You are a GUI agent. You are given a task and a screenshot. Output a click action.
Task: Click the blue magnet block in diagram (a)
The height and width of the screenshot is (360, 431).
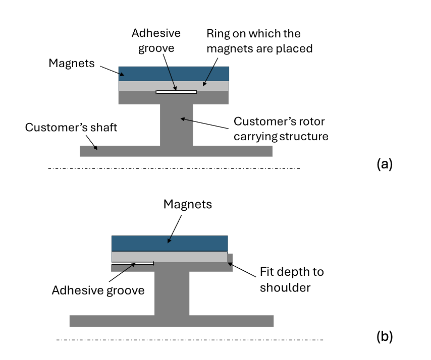[174, 74]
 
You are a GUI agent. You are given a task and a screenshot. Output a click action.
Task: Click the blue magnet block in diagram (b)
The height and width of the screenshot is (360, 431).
[170, 243]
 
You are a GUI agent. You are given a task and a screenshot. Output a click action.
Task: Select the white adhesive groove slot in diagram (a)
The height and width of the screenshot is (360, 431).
[176, 92]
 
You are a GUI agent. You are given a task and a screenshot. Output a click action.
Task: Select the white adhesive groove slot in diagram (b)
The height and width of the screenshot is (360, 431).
[132, 263]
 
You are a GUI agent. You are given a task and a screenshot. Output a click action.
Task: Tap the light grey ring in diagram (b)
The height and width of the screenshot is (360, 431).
[192, 257]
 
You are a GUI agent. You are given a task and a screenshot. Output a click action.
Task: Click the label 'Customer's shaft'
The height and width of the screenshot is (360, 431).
[71, 128]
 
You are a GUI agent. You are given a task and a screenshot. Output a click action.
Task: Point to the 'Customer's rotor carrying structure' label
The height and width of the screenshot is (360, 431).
[279, 128]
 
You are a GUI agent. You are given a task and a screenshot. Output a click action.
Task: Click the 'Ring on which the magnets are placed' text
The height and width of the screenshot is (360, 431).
[259, 41]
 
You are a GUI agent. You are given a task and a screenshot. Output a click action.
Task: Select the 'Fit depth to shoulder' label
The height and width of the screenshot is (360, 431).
[292, 280]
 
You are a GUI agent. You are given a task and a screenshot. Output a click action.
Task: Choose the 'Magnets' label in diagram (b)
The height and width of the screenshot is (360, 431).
[188, 204]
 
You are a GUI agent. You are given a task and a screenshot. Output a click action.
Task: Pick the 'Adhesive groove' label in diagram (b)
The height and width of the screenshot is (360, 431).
[98, 290]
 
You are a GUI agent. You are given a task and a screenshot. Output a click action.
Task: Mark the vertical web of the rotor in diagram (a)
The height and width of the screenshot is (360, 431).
[176, 125]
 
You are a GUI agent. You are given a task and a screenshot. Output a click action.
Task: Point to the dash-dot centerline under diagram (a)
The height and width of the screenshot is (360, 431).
[174, 168]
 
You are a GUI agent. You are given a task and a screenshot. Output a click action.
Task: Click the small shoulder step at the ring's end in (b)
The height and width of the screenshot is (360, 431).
[230, 259]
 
